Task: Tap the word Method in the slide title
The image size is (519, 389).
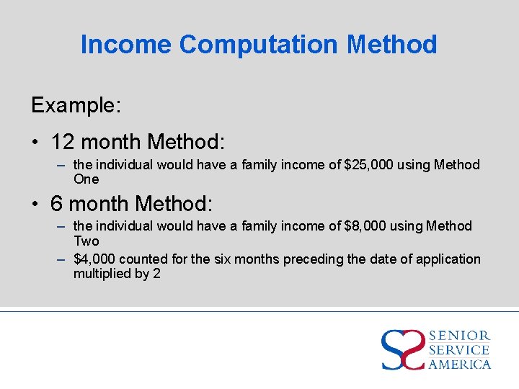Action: (392, 45)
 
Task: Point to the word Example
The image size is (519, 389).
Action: (76, 105)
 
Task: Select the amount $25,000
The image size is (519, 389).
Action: (369, 165)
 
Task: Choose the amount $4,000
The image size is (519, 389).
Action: (94, 259)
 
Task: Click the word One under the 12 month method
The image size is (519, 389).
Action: (86, 179)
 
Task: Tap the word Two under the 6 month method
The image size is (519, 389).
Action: (86, 241)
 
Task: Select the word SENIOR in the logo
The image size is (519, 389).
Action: (459, 336)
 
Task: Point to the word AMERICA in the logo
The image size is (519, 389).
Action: (459, 364)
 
